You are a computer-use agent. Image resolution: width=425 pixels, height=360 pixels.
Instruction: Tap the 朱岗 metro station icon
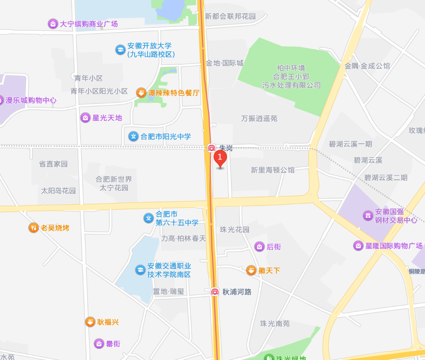coord(212,148)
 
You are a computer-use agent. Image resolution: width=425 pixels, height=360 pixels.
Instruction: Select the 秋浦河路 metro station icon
coord(215,292)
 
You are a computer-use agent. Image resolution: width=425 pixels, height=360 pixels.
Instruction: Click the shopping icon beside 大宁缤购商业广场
coord(53,24)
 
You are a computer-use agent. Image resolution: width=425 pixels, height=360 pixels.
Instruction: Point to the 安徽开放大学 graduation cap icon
coord(120,50)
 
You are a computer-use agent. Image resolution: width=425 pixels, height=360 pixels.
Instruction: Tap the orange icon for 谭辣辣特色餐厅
coord(141,93)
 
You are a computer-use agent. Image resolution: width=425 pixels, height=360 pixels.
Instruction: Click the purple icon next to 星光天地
coord(85,118)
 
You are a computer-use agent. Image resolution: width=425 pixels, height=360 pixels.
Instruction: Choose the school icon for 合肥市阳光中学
coord(133,136)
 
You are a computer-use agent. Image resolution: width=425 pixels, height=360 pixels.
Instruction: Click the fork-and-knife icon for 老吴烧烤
coord(34,228)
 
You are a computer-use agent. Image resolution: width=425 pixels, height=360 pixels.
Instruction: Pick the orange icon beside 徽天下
coord(251,270)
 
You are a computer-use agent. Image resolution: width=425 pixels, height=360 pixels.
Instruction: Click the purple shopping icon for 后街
coord(259,247)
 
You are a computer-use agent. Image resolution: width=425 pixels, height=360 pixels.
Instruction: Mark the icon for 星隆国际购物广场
coord(358,246)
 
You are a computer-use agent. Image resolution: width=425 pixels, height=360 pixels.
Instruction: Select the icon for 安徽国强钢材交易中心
coord(368,215)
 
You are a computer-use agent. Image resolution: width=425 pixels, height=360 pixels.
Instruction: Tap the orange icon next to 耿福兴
coord(90,322)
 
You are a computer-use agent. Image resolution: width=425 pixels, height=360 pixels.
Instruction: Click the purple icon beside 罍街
coord(99,344)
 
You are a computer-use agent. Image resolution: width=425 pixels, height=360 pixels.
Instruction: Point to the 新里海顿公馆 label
coord(273,170)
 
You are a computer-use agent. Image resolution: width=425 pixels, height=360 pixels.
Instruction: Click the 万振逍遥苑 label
coord(259,118)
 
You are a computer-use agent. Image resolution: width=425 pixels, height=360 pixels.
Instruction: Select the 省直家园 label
coord(53,164)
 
